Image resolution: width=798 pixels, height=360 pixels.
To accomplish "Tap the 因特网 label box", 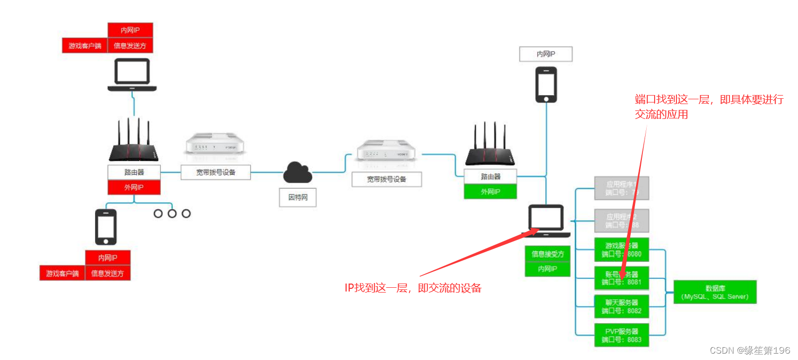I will click(298, 198).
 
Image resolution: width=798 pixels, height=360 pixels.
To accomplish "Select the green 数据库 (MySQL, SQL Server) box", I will click(715, 292).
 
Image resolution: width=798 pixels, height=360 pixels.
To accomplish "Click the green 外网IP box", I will click(490, 191).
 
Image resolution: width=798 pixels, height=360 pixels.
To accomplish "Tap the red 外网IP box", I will click(134, 187).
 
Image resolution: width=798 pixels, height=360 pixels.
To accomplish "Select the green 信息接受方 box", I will click(548, 254).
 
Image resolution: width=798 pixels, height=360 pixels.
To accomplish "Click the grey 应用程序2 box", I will click(621, 221).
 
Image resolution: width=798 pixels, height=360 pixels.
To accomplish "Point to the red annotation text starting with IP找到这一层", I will click(413, 288).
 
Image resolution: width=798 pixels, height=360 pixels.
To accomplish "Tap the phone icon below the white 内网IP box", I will click(546, 84).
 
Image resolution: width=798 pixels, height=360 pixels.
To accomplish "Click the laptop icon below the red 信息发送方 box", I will click(132, 74).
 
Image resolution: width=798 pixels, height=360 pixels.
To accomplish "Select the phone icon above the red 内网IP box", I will click(105, 227).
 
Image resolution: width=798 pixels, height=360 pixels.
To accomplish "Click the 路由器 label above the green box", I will click(490, 176).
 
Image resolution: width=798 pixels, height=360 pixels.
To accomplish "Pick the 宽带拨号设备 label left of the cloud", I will click(216, 172).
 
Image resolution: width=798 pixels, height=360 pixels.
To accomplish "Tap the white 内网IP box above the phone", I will click(546, 54).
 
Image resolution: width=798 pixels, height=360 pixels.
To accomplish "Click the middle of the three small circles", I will click(172, 213).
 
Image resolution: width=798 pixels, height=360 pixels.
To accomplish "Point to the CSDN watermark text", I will click(750, 350).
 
